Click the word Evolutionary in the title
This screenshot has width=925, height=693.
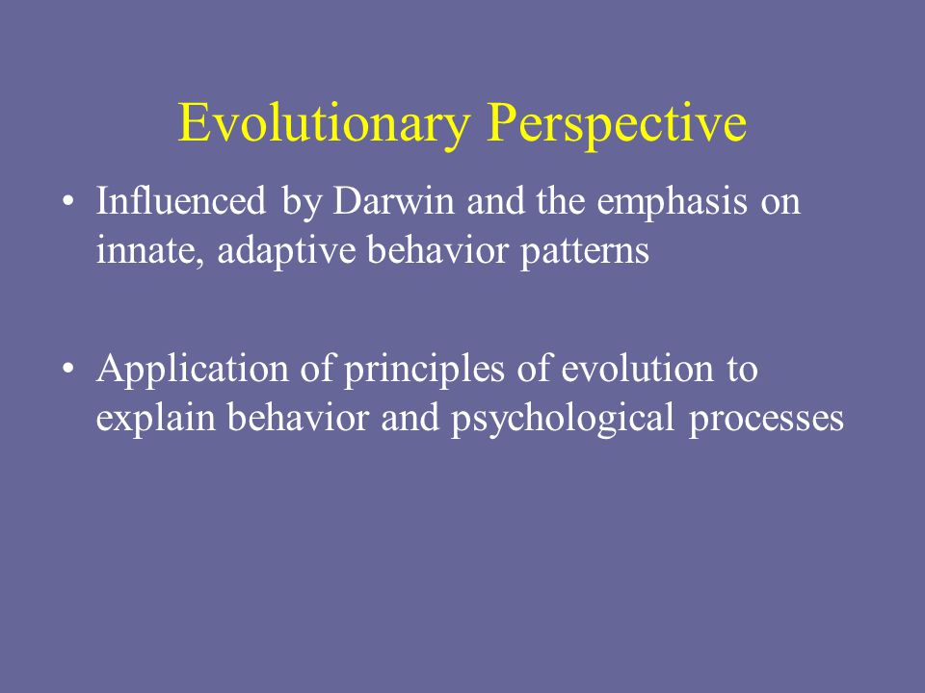point(324,123)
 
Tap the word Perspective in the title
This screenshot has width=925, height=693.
point(617,123)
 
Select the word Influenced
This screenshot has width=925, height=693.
point(181,200)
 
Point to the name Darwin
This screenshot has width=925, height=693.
point(393,200)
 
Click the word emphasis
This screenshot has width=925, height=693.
point(672,201)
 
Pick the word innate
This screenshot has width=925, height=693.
point(150,250)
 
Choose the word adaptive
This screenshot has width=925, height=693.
point(286,251)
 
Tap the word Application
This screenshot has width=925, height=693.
point(193,370)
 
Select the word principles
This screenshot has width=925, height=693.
point(424,370)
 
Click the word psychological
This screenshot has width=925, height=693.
point(563,419)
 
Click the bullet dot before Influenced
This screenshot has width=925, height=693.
point(68,201)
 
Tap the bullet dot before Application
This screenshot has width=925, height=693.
point(68,369)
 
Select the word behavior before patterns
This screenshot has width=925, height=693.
point(437,250)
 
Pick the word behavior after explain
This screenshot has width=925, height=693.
point(299,417)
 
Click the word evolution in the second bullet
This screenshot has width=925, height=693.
point(637,369)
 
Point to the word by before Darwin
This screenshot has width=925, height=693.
point(301,201)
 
